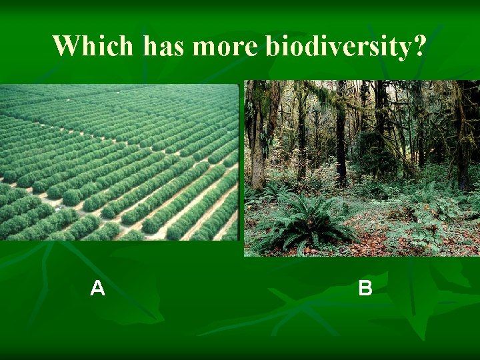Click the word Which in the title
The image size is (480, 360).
coord(93,46)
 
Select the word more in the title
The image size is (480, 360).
coord(227,46)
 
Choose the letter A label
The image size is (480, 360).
coord(97,288)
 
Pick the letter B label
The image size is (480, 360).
coord(365,288)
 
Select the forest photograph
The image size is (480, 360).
coord(361,168)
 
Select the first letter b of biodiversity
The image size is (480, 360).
coord(272,46)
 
